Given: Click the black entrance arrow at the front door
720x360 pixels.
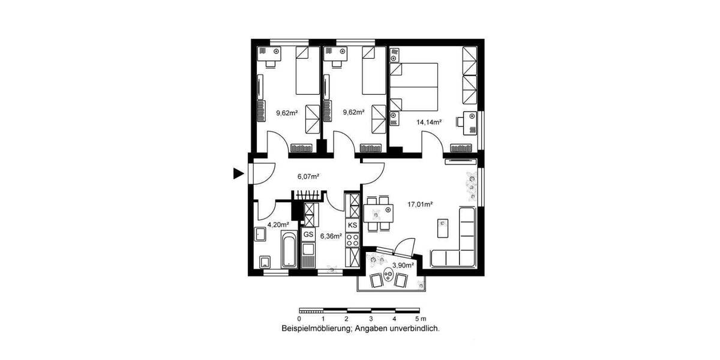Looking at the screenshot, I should coord(238,174).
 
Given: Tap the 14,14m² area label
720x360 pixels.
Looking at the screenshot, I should coord(429,122).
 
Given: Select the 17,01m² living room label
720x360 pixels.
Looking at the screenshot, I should coord(419,204).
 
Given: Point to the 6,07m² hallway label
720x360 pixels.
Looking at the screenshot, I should coord(308,176).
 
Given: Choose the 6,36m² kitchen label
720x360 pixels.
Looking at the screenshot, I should coord(331,236).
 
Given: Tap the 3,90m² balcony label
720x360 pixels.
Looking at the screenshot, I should coord(403,265).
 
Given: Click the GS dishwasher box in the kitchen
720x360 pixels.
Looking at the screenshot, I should coord(308,234).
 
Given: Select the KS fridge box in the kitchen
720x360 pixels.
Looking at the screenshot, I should coord(352,225).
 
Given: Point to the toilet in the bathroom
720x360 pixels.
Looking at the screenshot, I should coord(264,262).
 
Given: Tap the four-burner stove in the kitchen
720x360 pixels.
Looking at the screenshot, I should coord(352,240).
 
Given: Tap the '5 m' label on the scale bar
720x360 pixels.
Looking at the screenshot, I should coord(420,319).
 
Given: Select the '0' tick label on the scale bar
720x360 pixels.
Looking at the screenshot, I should coord(299,319).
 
